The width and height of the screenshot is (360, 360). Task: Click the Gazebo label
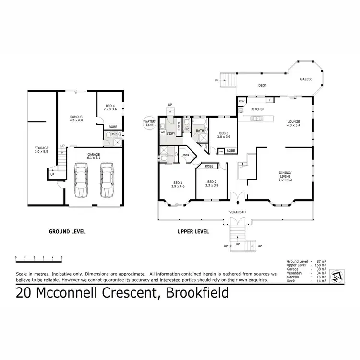coord(307,78)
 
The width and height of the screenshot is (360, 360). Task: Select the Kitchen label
coord(258,110)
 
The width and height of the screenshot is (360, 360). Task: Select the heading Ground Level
coord(67,231)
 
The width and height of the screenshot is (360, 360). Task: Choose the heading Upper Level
coord(193,231)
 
